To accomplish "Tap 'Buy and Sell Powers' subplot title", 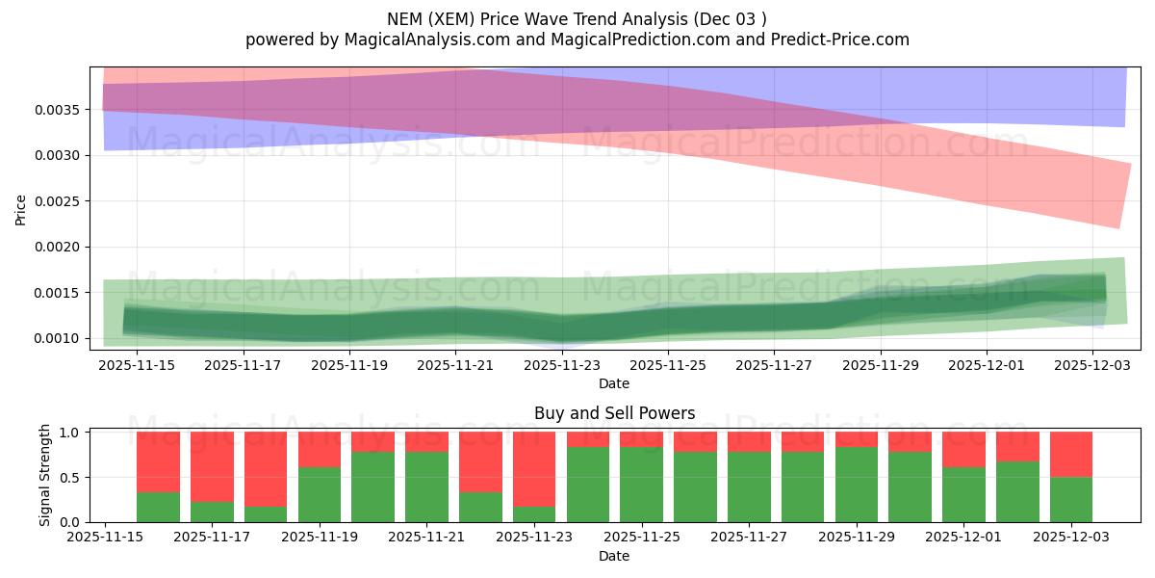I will click(614, 414).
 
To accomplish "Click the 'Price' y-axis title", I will click(20, 210).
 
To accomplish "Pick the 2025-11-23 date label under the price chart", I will click(561, 365).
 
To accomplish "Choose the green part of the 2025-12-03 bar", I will click(1071, 500).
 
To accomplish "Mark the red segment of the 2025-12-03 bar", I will click(1071, 454).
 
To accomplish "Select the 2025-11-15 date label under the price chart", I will click(137, 365).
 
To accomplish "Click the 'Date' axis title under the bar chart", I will click(614, 556).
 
